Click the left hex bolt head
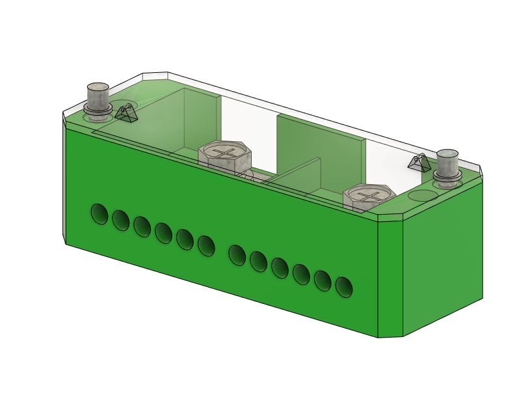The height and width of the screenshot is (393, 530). pos(224,157)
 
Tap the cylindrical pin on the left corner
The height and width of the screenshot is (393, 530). pos(98,97)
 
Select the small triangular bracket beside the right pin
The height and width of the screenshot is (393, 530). pos(419,162)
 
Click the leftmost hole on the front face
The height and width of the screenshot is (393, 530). pos(99,213)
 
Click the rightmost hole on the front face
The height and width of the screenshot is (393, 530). pos(343,286)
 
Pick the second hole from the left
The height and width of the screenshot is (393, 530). pos(120,220)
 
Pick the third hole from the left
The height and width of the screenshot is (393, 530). pos(142,226)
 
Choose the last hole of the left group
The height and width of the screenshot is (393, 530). pos(206,245)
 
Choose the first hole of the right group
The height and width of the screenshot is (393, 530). pos(237,254)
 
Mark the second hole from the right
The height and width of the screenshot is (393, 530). pos(323,280)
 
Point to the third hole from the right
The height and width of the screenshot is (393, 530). pos(301,274)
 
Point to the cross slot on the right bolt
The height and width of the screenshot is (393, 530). pos(369,194)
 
